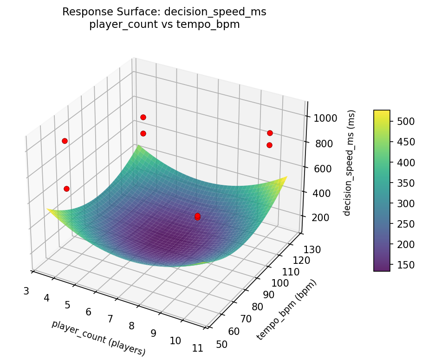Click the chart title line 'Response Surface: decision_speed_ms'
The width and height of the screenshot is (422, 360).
164,12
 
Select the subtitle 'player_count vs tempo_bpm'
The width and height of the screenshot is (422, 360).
164,25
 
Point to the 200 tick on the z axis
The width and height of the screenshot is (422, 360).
320,218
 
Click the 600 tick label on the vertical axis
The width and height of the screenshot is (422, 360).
322,168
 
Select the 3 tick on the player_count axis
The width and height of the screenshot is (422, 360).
26,291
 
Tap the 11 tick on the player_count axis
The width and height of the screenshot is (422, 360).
197,348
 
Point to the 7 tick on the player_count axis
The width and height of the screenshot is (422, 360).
110,319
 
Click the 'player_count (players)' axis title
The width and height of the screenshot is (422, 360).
98,338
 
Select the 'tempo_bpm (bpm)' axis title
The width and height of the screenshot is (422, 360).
286,310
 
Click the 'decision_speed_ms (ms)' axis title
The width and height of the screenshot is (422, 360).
351,163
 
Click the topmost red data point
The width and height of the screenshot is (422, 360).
143,117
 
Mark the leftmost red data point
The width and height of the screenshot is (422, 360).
65,141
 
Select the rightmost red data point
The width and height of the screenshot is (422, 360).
270,133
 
